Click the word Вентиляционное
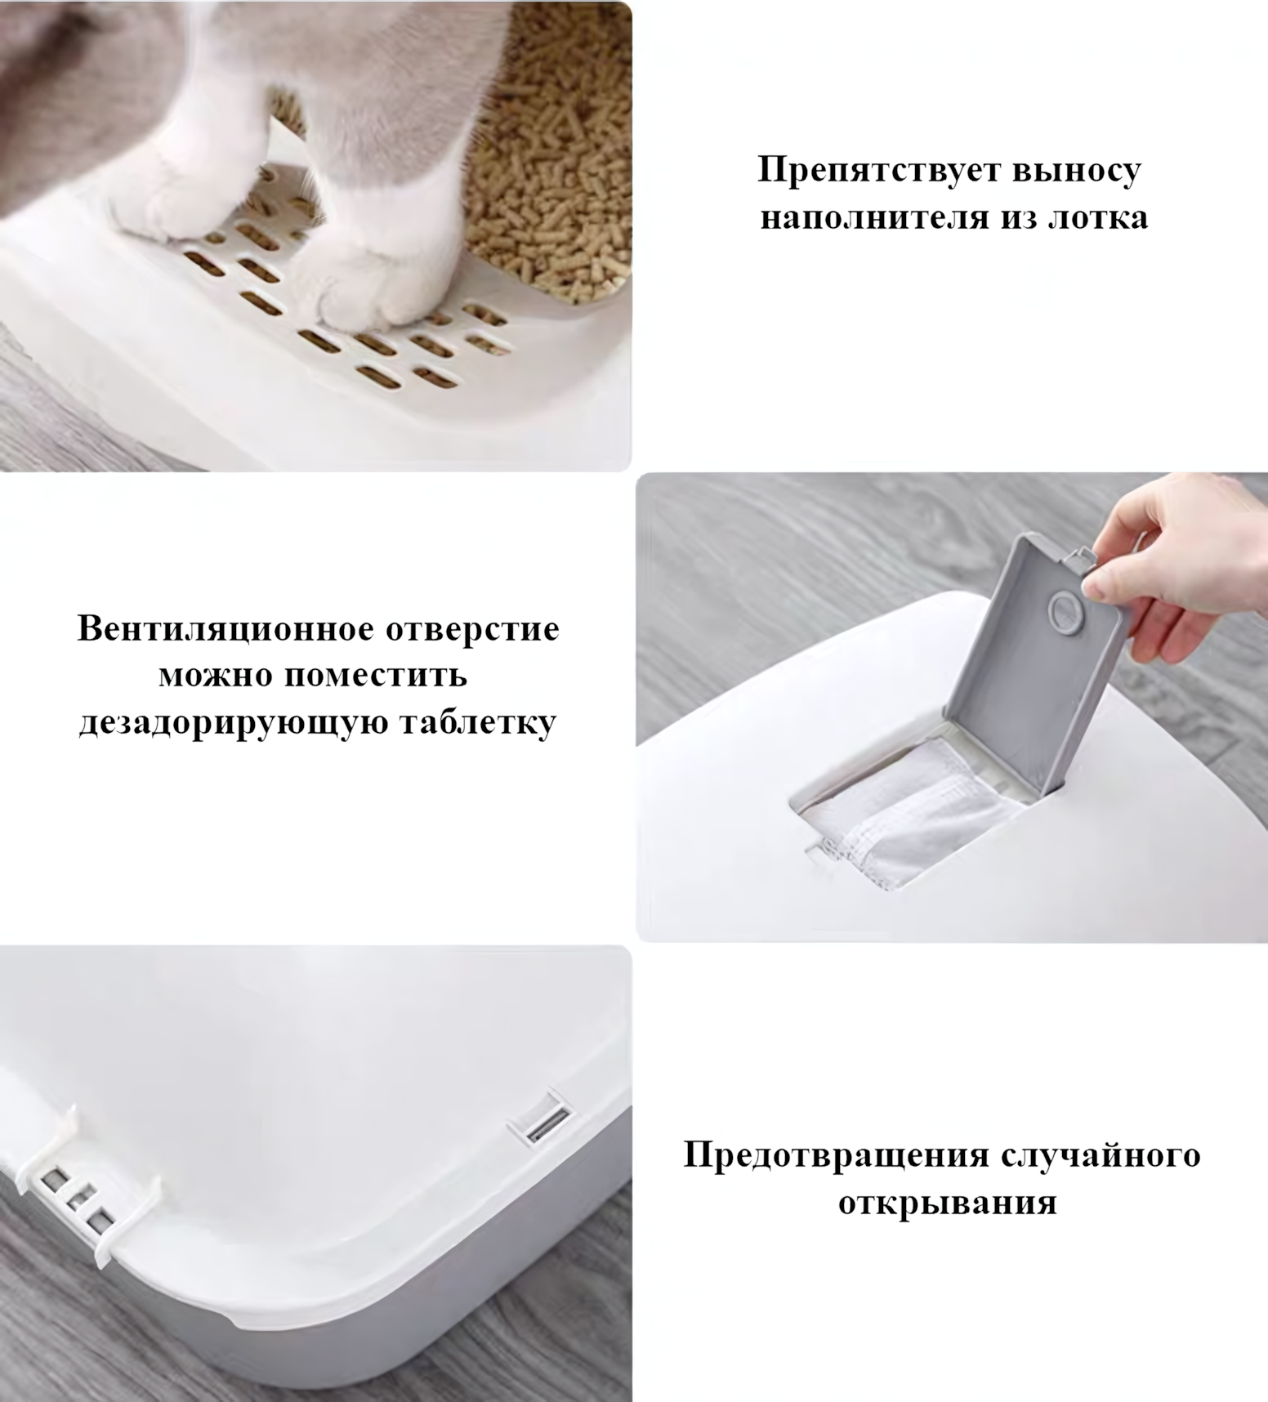(x=224, y=629)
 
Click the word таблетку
(x=477, y=722)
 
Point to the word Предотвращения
(x=836, y=1156)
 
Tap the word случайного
(x=1101, y=1156)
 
